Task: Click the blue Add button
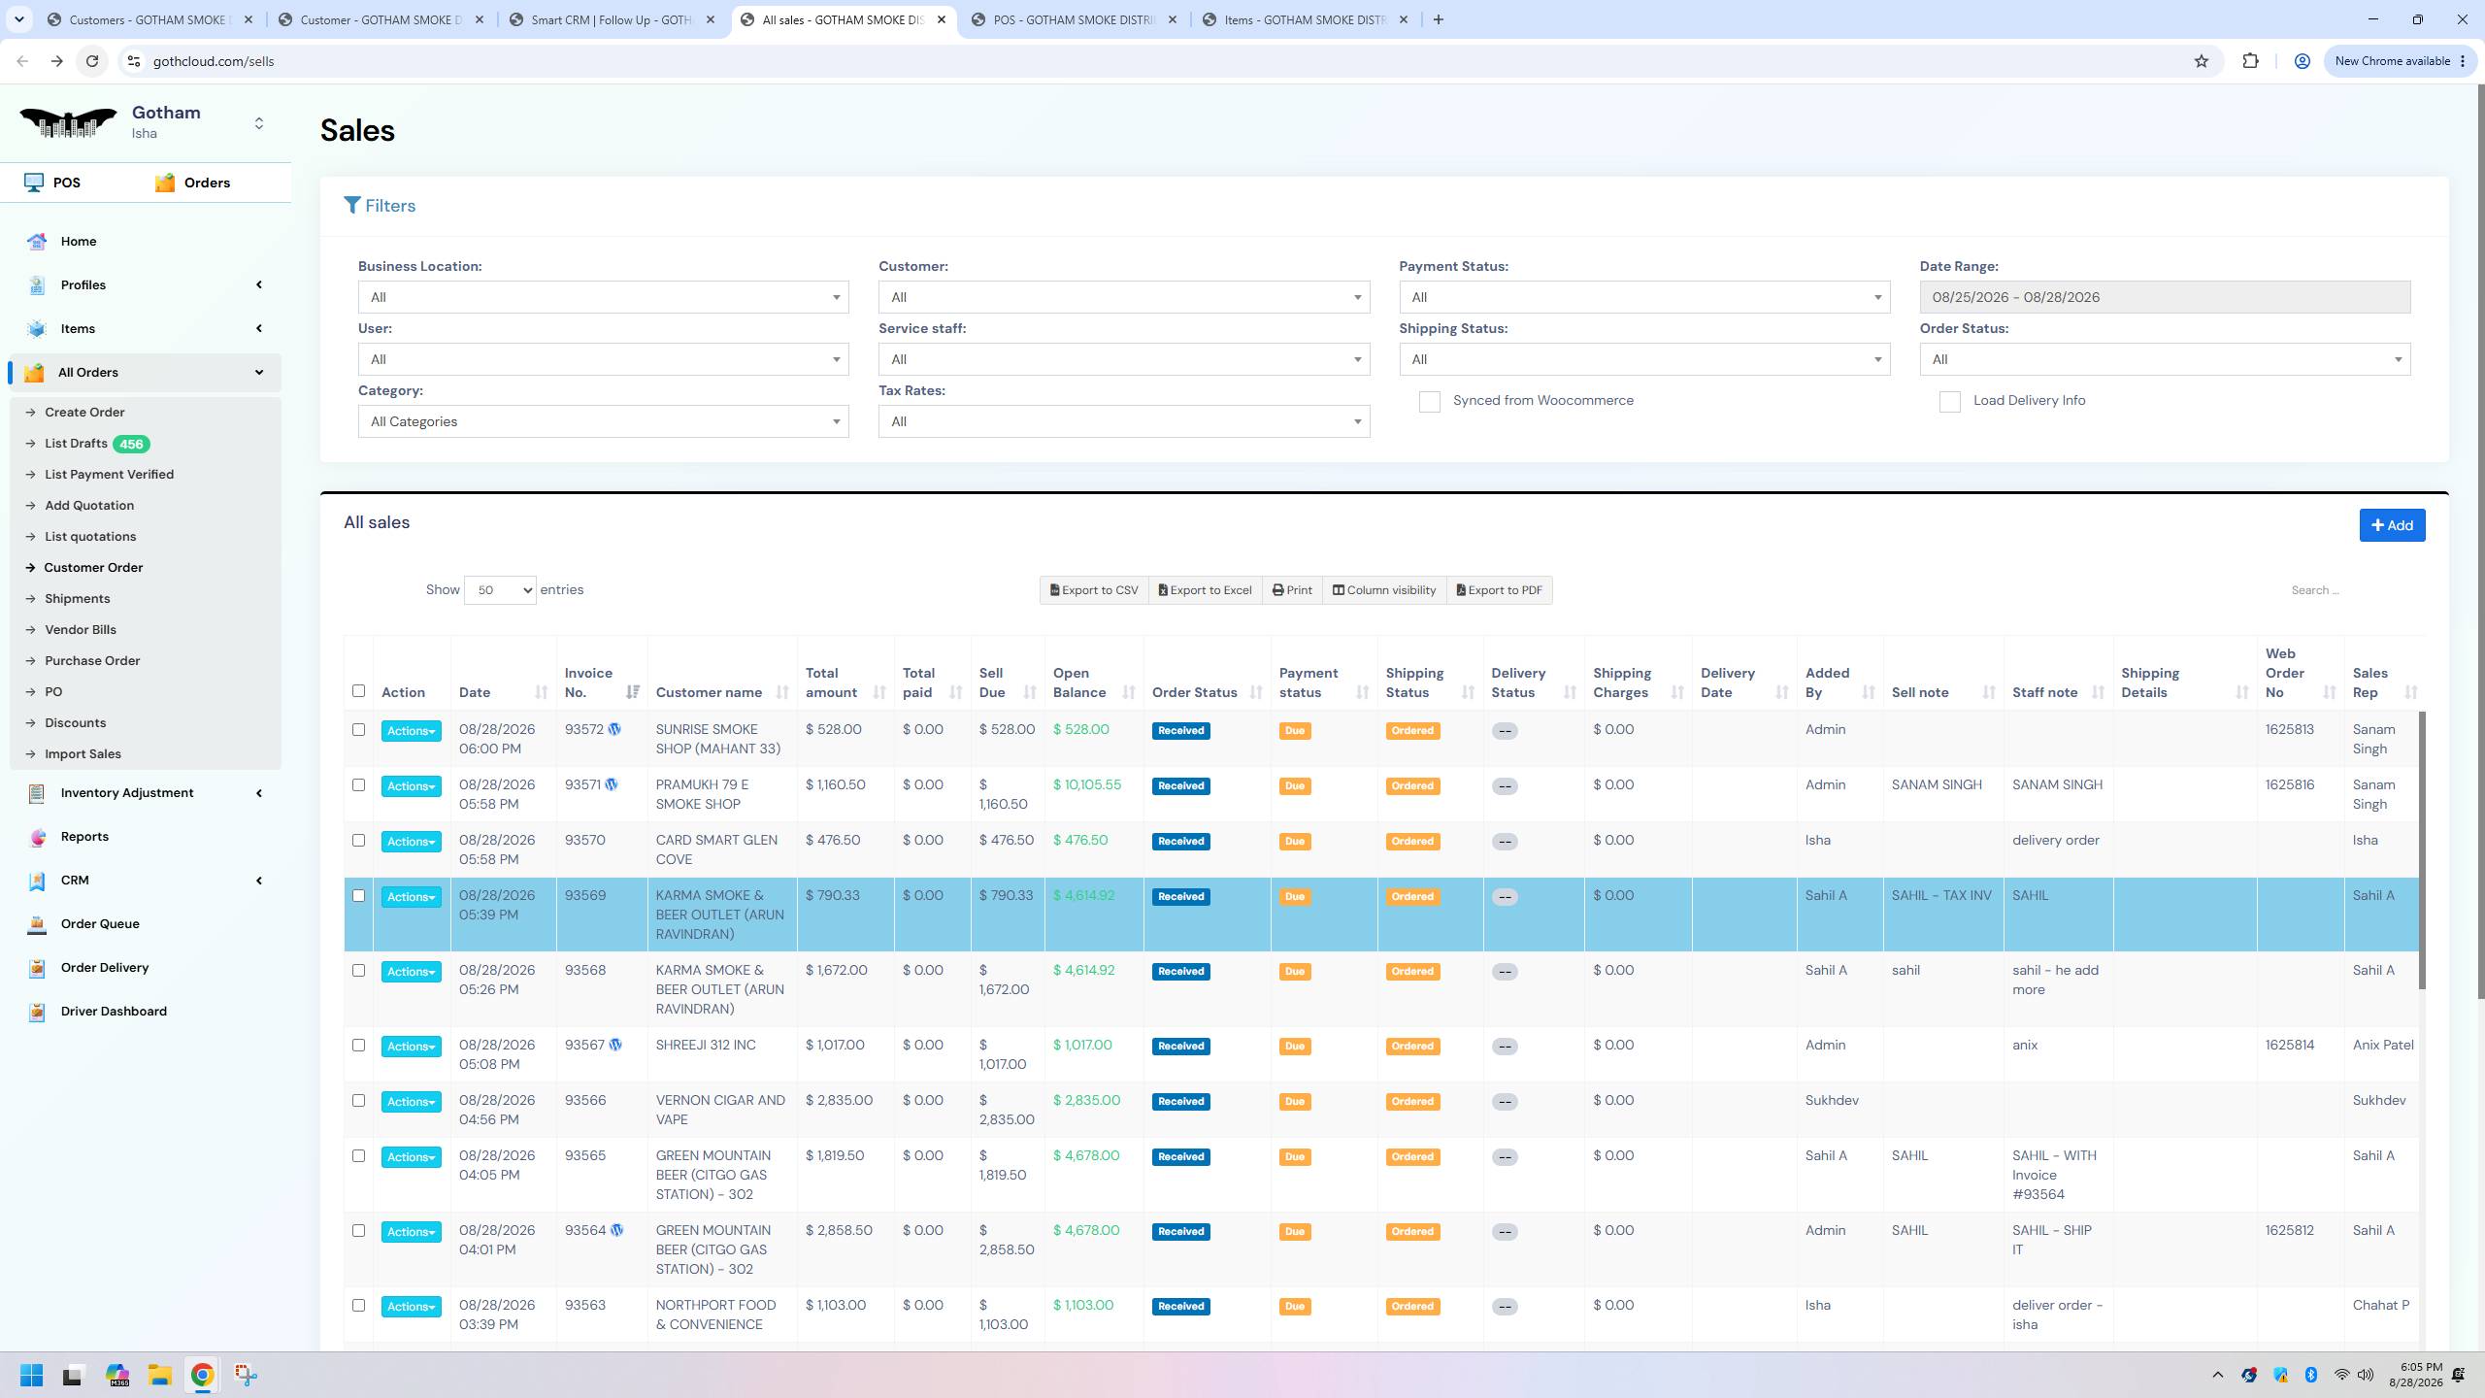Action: coord(2392,525)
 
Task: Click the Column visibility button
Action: coord(1384,590)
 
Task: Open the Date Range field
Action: coord(2165,297)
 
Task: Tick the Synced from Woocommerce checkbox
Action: coord(1429,402)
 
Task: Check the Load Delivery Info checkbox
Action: coord(1949,402)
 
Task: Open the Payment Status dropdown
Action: coord(1644,297)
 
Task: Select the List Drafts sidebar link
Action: coord(76,444)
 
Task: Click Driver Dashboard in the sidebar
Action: coord(114,1012)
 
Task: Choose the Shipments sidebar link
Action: coord(78,599)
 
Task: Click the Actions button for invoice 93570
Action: coord(411,842)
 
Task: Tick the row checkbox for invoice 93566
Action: coord(358,1101)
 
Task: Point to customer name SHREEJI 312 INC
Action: coord(706,1046)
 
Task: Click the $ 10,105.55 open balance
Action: coord(1087,785)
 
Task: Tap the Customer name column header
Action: coord(709,693)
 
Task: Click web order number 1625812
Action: coord(2290,1231)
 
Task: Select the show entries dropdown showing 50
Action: coord(500,590)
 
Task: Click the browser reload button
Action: coord(92,61)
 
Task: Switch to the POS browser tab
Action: coord(1074,19)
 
